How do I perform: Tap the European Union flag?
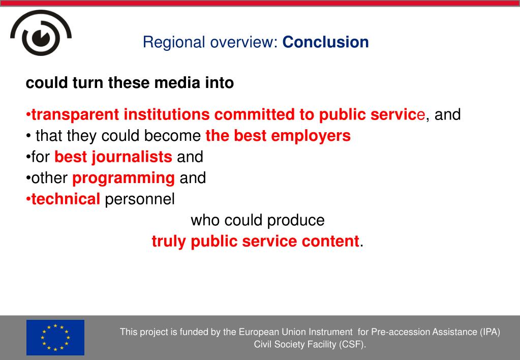[x=55, y=338]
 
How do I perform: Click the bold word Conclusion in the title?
[x=325, y=42]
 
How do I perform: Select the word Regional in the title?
[x=174, y=43]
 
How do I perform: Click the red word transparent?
[x=75, y=115]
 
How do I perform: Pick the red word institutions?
[x=167, y=114]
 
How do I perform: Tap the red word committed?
[x=254, y=114]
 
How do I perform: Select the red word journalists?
[x=132, y=157]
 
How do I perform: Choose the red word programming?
[x=124, y=178]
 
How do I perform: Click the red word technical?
[x=66, y=199]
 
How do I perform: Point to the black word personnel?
[x=140, y=199]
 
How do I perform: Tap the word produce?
[x=295, y=220]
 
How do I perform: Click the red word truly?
[x=168, y=241]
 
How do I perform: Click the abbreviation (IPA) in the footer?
[x=490, y=332]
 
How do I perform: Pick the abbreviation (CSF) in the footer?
[x=352, y=345]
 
